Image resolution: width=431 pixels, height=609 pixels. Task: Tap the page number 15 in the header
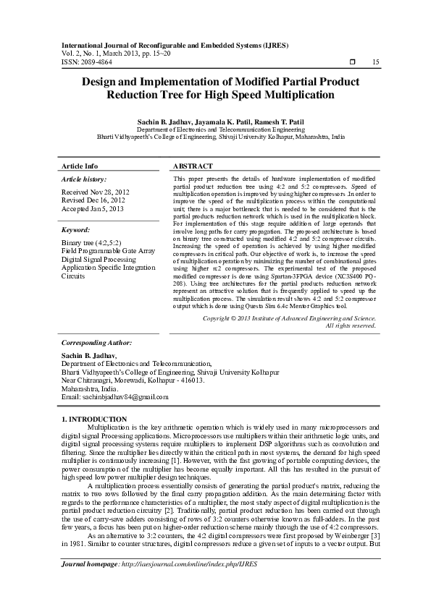375,63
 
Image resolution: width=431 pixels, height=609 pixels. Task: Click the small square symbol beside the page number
352,63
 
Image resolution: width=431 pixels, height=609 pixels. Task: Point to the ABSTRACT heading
193,166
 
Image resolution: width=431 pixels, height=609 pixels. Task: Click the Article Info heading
80,166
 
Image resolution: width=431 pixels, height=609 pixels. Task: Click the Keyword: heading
75,229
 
